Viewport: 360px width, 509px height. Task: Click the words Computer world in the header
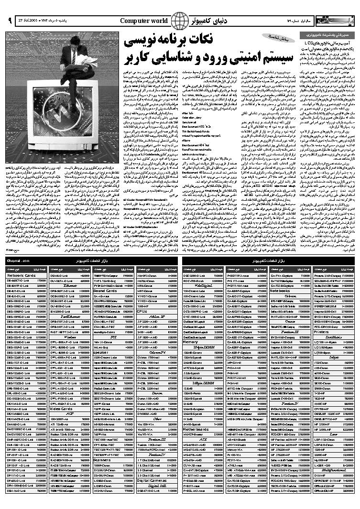tap(144, 21)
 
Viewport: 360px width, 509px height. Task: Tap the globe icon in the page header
tap(180, 21)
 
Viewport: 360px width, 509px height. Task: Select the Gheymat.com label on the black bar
tap(19, 261)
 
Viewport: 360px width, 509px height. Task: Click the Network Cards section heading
tap(22, 276)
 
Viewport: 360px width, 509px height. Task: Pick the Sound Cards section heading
tap(105, 291)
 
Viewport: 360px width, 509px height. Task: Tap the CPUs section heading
tap(142, 311)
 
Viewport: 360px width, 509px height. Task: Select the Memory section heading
tap(190, 342)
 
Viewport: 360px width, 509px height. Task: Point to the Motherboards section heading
tap(196, 429)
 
